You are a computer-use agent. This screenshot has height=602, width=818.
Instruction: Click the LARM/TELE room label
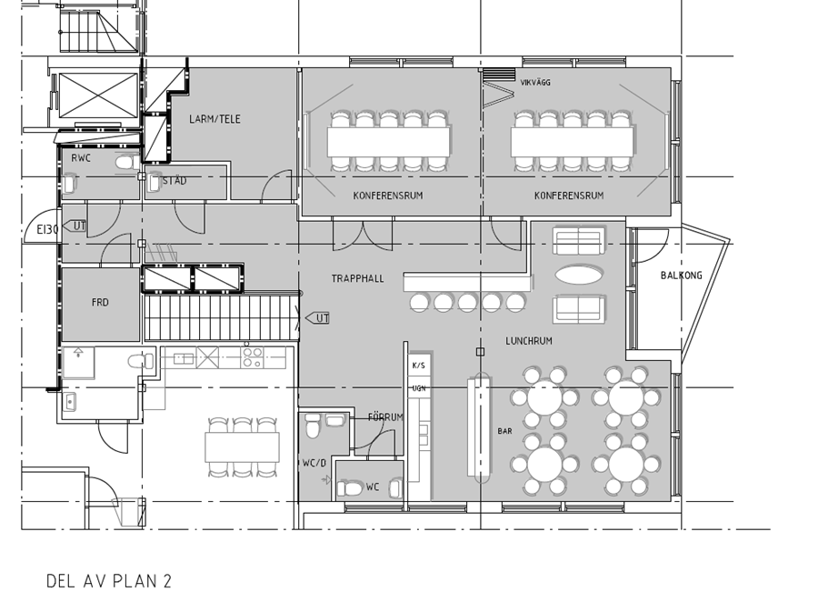pyautogui.click(x=214, y=119)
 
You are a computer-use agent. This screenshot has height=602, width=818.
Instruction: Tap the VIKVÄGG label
pyautogui.click(x=535, y=83)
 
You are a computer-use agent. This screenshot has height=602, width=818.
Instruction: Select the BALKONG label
pyautogui.click(x=682, y=276)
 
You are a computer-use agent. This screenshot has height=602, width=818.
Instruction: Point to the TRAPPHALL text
pyautogui.click(x=357, y=279)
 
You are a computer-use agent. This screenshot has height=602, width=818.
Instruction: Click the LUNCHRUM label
pyautogui.click(x=528, y=341)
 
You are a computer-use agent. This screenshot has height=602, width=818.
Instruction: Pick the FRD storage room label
pyautogui.click(x=100, y=302)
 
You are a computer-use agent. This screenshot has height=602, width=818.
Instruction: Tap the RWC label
pyautogui.click(x=81, y=157)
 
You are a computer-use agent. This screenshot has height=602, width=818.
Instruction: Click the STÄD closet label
pyautogui.click(x=175, y=181)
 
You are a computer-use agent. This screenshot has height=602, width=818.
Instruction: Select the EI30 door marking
pyautogui.click(x=47, y=229)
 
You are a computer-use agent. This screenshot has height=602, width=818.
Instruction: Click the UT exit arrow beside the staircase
pyautogui.click(x=317, y=318)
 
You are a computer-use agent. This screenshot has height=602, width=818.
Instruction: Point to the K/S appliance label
pyautogui.click(x=418, y=366)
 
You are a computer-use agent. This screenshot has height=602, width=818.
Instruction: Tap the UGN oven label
pyautogui.click(x=419, y=388)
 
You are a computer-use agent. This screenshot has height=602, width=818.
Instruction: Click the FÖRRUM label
pyautogui.click(x=385, y=417)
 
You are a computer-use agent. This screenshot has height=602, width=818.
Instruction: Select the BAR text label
pyautogui.click(x=504, y=431)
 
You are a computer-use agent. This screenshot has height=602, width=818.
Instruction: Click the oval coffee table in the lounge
pyautogui.click(x=579, y=274)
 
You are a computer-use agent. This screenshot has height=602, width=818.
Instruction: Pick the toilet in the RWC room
pyautogui.click(x=126, y=164)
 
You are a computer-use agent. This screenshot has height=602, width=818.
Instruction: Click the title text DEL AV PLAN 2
pyautogui.click(x=109, y=581)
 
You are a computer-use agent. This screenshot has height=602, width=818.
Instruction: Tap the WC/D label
pyautogui.click(x=314, y=463)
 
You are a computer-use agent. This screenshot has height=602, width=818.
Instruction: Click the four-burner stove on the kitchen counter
pyautogui.click(x=252, y=357)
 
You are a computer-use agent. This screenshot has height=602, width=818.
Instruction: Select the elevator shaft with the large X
pyautogui.click(x=98, y=96)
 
